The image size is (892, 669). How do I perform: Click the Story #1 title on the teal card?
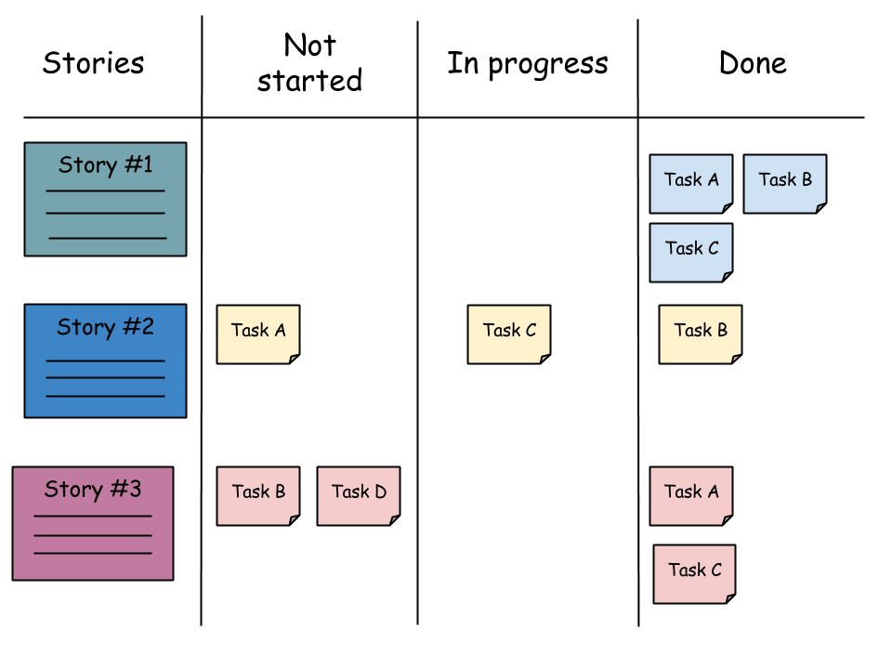(x=105, y=165)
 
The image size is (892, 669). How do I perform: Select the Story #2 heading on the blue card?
(x=105, y=327)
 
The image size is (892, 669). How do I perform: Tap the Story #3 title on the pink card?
(x=93, y=490)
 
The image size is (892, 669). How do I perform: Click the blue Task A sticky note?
(x=690, y=183)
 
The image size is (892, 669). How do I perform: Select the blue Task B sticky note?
(x=784, y=183)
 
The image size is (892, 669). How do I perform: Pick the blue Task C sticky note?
(x=690, y=252)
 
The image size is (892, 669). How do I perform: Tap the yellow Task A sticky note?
(x=257, y=334)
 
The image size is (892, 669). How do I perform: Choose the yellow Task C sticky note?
(x=508, y=334)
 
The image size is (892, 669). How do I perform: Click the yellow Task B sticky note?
(x=700, y=334)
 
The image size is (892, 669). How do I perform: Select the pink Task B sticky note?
(x=257, y=495)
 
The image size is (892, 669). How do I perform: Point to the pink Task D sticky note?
(x=358, y=495)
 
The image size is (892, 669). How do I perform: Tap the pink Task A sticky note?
(x=690, y=495)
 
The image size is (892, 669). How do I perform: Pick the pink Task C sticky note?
(x=694, y=573)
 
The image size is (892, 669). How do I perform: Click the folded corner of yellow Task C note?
(x=544, y=358)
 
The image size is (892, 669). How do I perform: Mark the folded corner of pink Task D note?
(x=394, y=519)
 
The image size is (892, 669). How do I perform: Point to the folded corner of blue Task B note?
(x=820, y=207)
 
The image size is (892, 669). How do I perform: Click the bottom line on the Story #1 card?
(x=107, y=238)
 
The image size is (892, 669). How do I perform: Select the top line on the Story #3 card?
(x=93, y=516)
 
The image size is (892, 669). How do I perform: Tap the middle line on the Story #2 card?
(x=105, y=377)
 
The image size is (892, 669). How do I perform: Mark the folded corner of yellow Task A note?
(x=294, y=358)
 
